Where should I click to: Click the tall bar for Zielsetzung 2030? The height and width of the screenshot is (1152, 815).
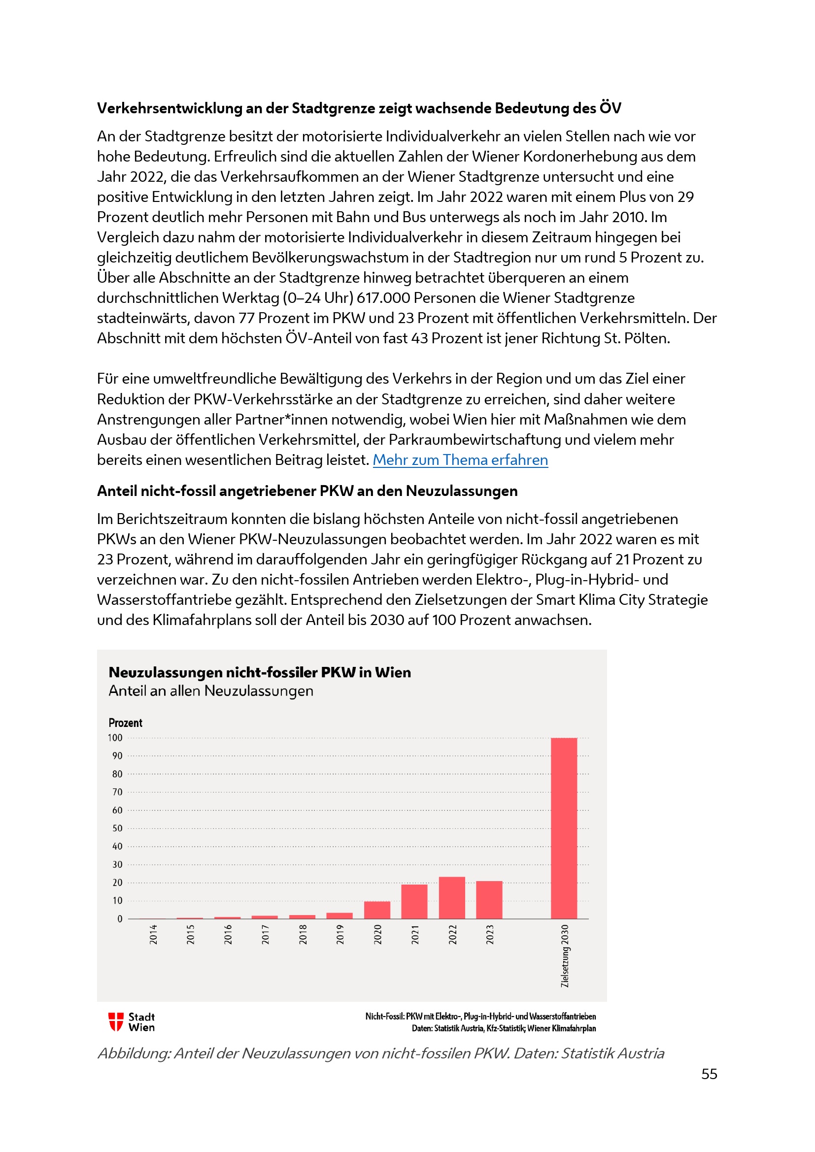coord(564,828)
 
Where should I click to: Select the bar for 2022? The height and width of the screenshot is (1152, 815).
coord(452,898)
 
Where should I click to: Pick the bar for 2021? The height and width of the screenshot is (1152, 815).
coord(414,902)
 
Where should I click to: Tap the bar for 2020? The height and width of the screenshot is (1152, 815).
coord(377,910)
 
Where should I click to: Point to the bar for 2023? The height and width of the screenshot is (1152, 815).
coord(489,900)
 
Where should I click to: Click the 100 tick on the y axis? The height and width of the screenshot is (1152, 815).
coord(115,738)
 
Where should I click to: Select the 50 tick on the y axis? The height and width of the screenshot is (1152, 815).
coord(117,828)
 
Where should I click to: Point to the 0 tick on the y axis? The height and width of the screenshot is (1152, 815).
coord(119,919)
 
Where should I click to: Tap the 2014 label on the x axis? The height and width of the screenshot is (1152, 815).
coord(153,934)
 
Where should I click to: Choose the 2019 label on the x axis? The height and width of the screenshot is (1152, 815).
coord(340,934)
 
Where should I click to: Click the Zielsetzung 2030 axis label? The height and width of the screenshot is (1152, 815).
coord(565,956)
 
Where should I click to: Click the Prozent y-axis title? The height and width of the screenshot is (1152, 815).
coord(126,723)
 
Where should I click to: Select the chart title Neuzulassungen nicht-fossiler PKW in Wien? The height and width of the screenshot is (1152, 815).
coord(260,672)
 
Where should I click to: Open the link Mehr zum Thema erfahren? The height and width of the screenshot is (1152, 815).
coord(460,460)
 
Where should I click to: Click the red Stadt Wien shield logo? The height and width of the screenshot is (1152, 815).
coord(116,1021)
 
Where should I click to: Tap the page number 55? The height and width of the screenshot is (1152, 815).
coord(709,1074)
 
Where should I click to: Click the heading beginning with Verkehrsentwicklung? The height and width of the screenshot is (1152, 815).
coord(359,108)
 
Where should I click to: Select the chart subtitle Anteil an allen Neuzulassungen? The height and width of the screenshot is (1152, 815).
coord(211,691)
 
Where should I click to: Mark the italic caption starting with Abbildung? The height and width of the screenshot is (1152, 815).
coord(380,1053)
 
